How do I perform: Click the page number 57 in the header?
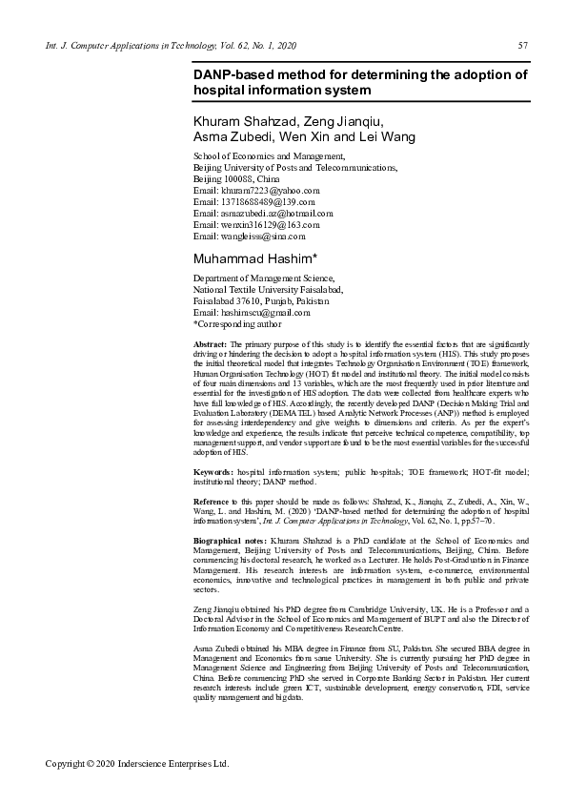[523, 45]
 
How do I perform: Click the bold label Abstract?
[210, 342]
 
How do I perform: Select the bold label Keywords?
[213, 471]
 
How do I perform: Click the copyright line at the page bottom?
[138, 764]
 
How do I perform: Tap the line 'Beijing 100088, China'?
[236, 178]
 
